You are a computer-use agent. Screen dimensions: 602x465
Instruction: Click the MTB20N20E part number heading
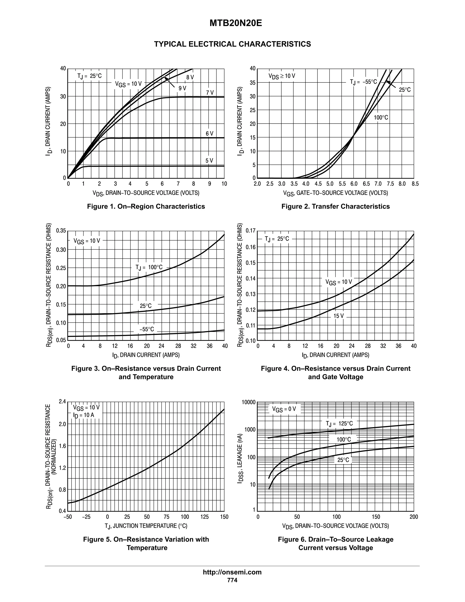pyautogui.click(x=235, y=23)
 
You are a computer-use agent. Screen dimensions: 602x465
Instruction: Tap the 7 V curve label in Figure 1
pyautogui.click(x=210, y=93)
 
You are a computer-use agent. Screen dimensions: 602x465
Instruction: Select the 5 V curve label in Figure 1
pyautogui.click(x=209, y=161)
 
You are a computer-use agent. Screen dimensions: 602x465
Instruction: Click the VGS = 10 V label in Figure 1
pyautogui.click(x=128, y=84)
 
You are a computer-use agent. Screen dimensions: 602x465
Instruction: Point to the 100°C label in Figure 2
pyautogui.click(x=381, y=118)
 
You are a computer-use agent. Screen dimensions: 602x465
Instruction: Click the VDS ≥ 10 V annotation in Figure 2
pyautogui.click(x=282, y=76)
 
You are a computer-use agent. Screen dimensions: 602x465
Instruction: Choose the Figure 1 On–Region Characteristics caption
pyautogui.click(x=146, y=206)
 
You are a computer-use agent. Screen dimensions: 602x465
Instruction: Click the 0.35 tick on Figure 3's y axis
pyautogui.click(x=61, y=231)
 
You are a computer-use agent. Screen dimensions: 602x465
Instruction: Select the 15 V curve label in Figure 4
pyautogui.click(x=339, y=316)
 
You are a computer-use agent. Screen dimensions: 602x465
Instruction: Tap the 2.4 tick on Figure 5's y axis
pyautogui.click(x=62, y=402)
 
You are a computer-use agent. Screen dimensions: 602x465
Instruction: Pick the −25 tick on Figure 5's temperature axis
pyautogui.click(x=86, y=517)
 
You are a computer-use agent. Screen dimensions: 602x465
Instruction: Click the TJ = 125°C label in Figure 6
pyautogui.click(x=339, y=423)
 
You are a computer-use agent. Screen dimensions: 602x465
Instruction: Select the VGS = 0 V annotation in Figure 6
pyautogui.click(x=284, y=409)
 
